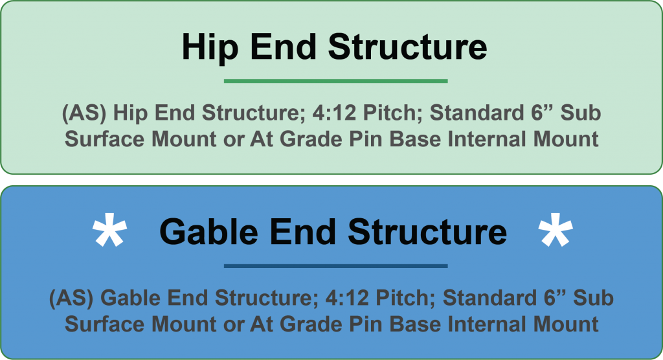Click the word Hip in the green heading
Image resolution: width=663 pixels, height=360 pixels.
tap(210, 48)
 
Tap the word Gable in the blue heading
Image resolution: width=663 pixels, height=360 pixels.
tap(208, 232)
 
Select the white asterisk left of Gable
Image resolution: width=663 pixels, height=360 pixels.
tap(110, 230)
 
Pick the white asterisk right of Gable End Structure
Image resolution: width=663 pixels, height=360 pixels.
tap(556, 230)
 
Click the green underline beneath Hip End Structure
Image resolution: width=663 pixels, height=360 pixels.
tap(336, 81)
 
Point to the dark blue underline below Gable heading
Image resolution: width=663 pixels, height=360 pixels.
tap(336, 266)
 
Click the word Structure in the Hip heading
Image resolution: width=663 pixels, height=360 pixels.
tap(408, 47)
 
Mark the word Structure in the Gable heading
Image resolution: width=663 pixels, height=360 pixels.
tap(427, 231)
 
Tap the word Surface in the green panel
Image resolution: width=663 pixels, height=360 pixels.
tap(104, 139)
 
